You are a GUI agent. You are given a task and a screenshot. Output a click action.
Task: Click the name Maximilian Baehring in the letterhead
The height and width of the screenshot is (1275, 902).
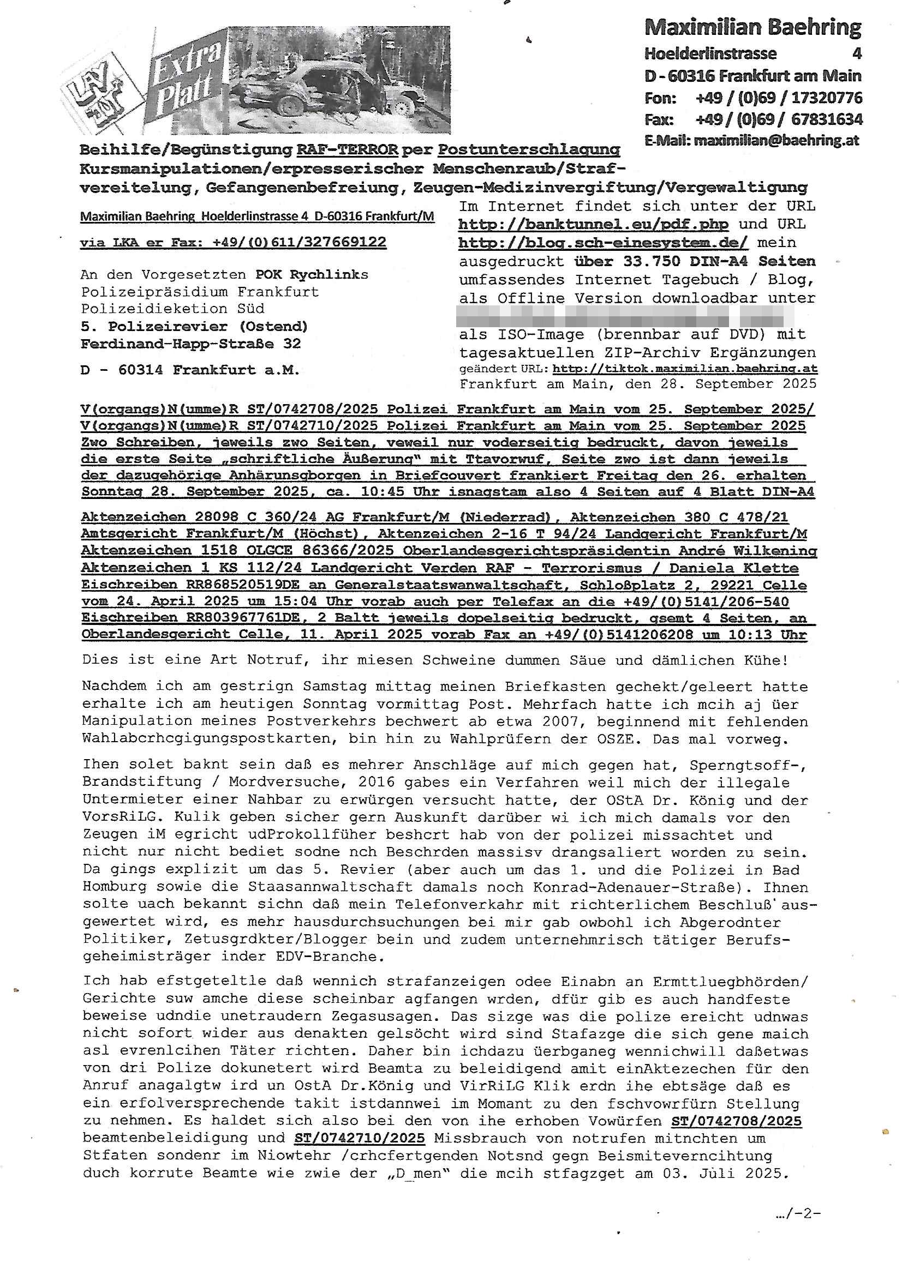pyautogui.click(x=752, y=27)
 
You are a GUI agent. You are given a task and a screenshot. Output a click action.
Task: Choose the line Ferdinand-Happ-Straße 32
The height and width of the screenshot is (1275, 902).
pyautogui.click(x=190, y=344)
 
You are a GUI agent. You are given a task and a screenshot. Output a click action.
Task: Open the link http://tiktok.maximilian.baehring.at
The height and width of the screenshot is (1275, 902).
pyautogui.click(x=685, y=369)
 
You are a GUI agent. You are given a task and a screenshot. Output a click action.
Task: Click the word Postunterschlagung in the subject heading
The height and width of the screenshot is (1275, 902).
pyautogui.click(x=529, y=150)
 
